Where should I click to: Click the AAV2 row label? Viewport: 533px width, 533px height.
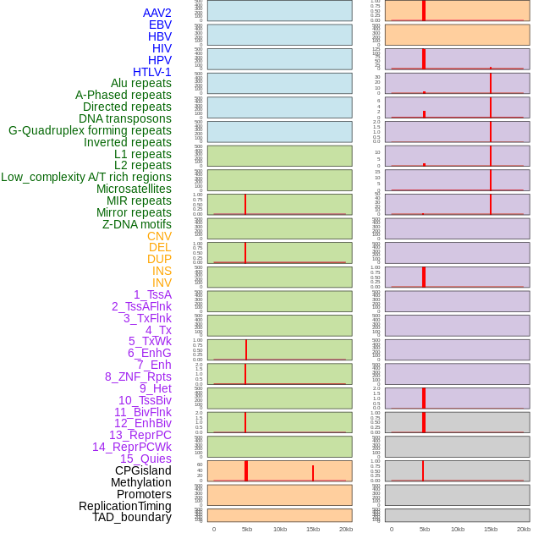157,13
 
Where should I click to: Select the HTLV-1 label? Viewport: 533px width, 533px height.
152,72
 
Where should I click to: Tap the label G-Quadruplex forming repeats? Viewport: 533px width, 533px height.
90,130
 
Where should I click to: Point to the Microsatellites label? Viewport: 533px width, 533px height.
134,189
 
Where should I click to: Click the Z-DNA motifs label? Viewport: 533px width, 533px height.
137,224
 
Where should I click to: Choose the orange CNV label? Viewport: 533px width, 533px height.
159,236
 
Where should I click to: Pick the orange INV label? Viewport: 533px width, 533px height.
162,283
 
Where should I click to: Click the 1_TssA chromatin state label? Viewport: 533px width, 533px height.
152,294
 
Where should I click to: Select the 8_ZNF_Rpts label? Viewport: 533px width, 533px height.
138,376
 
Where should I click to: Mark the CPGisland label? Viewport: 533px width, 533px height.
143,470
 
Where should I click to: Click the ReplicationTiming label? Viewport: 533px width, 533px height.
125,506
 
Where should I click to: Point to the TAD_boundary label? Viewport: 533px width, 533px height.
132,517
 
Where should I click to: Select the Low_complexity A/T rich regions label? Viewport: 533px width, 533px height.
86,177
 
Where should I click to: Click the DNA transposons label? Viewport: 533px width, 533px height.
125,118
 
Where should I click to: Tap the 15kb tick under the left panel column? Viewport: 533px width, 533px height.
313,529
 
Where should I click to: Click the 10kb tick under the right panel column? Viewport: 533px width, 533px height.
458,529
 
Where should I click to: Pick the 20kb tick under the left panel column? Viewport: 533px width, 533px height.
346,529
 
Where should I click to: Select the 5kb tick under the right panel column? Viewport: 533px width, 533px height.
425,529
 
